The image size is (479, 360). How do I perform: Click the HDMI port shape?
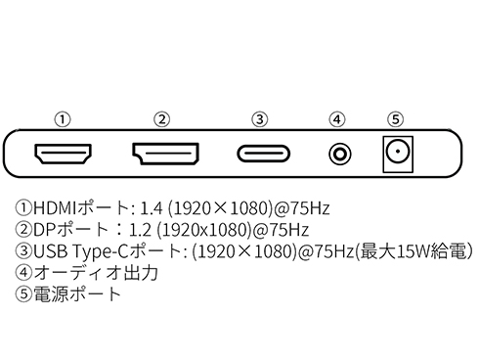tap(63, 154)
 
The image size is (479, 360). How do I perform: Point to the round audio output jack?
tap(338, 154)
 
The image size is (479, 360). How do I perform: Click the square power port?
tap(396, 154)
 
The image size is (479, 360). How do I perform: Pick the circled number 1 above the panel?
tap(63, 119)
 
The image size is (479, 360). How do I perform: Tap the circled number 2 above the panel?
tap(162, 119)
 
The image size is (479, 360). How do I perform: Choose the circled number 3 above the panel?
tap(259, 119)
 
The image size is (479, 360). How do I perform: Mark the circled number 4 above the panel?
tap(338, 119)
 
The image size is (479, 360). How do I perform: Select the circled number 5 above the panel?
tap(395, 119)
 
